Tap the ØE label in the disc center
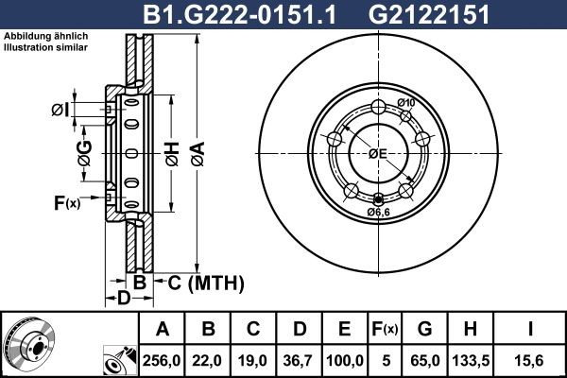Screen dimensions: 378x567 click(378, 153)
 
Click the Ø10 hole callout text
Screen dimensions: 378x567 click(406, 103)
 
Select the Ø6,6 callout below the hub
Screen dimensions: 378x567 click(379, 212)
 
